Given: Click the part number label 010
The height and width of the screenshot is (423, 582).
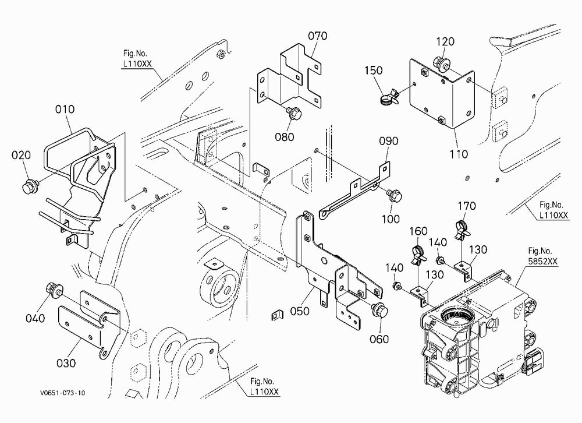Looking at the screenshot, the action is (65, 110).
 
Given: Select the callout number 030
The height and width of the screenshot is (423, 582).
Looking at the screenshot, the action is (66, 363).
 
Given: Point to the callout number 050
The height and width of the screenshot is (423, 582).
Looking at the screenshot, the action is (300, 311).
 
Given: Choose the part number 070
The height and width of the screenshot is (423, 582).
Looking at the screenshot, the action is (318, 36).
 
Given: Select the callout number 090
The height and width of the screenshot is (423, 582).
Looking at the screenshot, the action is (389, 141).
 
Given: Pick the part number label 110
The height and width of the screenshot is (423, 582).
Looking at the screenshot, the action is (459, 154).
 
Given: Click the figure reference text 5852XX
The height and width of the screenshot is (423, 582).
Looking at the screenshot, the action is (543, 261).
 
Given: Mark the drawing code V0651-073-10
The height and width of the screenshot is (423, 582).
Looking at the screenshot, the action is (63, 393).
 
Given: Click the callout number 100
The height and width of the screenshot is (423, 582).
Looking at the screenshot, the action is (391, 219).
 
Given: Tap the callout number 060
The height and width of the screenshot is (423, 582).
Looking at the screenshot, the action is (379, 339).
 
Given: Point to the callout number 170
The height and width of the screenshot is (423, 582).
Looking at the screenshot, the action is (467, 206).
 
